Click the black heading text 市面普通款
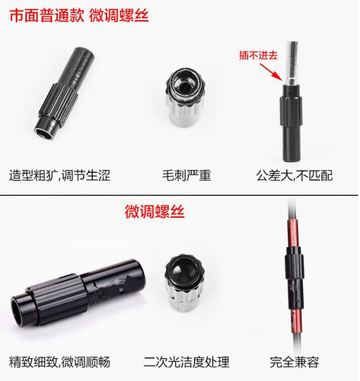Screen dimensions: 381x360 click(x=37, y=14)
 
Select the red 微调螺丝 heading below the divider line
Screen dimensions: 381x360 click(x=155, y=213)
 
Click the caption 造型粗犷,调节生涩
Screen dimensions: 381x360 click(x=60, y=175)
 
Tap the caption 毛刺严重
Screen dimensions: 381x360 click(x=187, y=175)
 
